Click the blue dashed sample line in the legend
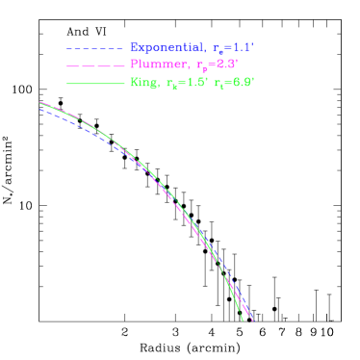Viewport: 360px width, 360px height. (x=94, y=47)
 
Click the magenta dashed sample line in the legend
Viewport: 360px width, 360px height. (x=94, y=65)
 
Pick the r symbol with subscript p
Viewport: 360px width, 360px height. (x=199, y=66)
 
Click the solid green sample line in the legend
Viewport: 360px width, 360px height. (x=94, y=84)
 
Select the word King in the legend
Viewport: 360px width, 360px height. (x=142, y=83)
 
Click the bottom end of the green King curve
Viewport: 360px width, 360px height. (x=241, y=319)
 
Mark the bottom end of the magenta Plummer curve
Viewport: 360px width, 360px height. (x=253, y=321)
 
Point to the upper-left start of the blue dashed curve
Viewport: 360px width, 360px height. (x=40, y=110)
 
